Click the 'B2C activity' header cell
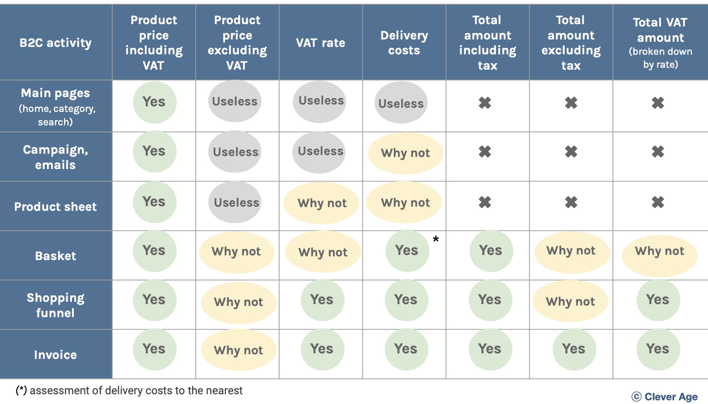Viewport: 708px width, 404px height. click(x=56, y=43)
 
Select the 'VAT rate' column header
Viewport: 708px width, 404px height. click(x=321, y=43)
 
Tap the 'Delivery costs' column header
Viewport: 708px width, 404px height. click(x=404, y=43)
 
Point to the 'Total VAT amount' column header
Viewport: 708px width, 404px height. click(x=660, y=43)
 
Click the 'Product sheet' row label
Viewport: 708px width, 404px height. click(x=56, y=207)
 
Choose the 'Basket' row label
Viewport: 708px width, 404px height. click(x=56, y=256)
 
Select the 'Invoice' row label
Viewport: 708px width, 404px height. click(x=56, y=355)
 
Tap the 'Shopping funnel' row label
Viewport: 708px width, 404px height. click(x=56, y=305)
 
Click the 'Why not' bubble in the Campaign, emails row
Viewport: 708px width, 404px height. click(x=405, y=153)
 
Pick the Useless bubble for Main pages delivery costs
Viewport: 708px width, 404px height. click(x=401, y=103)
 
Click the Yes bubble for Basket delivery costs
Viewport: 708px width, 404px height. click(x=407, y=251)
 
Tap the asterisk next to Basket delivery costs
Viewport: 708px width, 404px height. click(x=436, y=240)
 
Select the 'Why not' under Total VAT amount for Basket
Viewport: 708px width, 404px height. click(x=659, y=251)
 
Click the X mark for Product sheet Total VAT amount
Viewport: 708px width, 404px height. click(x=658, y=202)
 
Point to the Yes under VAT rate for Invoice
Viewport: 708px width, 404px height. click(x=322, y=349)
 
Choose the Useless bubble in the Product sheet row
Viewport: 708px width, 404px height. click(x=236, y=202)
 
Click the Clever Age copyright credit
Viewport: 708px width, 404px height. click(x=665, y=397)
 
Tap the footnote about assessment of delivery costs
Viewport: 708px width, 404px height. click(x=129, y=391)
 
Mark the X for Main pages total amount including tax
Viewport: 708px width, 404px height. click(x=485, y=103)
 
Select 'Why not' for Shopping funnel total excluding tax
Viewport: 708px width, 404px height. click(x=570, y=301)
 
